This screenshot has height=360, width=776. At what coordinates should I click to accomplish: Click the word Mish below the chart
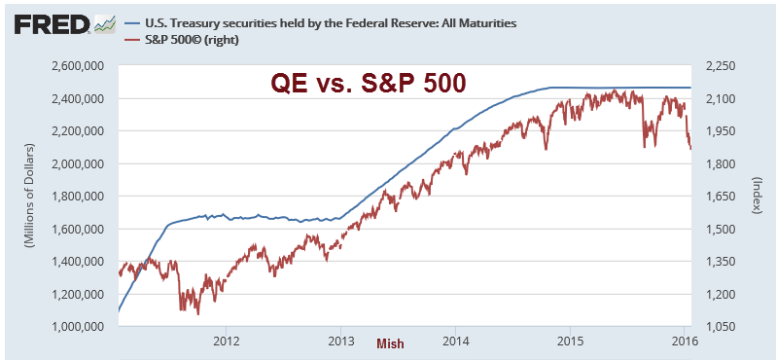click(390, 343)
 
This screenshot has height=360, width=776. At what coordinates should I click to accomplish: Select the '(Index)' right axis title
click(758, 197)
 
